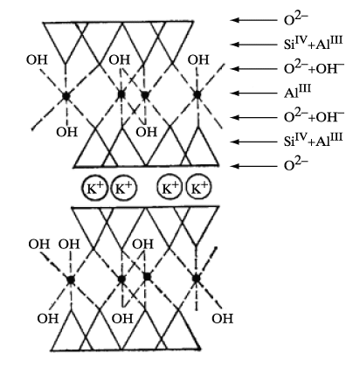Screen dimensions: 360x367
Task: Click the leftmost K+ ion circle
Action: [93, 188]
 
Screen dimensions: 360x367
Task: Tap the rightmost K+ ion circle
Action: [198, 188]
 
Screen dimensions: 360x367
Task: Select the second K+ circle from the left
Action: [124, 188]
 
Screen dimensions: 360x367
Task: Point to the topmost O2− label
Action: [295, 19]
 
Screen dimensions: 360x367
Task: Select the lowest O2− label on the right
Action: [295, 164]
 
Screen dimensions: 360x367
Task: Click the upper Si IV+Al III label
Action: [313, 43]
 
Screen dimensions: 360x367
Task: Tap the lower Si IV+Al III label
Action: [313, 140]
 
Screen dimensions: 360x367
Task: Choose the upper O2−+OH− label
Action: [314, 68]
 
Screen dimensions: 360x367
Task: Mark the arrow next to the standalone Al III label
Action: [253, 93]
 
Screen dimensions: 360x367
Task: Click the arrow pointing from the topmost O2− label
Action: [253, 20]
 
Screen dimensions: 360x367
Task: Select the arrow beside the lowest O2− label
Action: [253, 166]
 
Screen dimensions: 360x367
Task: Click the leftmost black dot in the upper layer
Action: [66, 96]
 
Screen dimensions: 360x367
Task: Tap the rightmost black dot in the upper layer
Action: [197, 94]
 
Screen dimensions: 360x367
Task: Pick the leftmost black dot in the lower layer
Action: [71, 280]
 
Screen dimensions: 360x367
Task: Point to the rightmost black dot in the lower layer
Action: [197, 279]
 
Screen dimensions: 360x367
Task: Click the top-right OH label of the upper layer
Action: [198, 59]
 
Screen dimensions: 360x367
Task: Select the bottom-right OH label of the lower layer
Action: [223, 318]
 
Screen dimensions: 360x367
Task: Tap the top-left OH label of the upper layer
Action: [37, 59]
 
